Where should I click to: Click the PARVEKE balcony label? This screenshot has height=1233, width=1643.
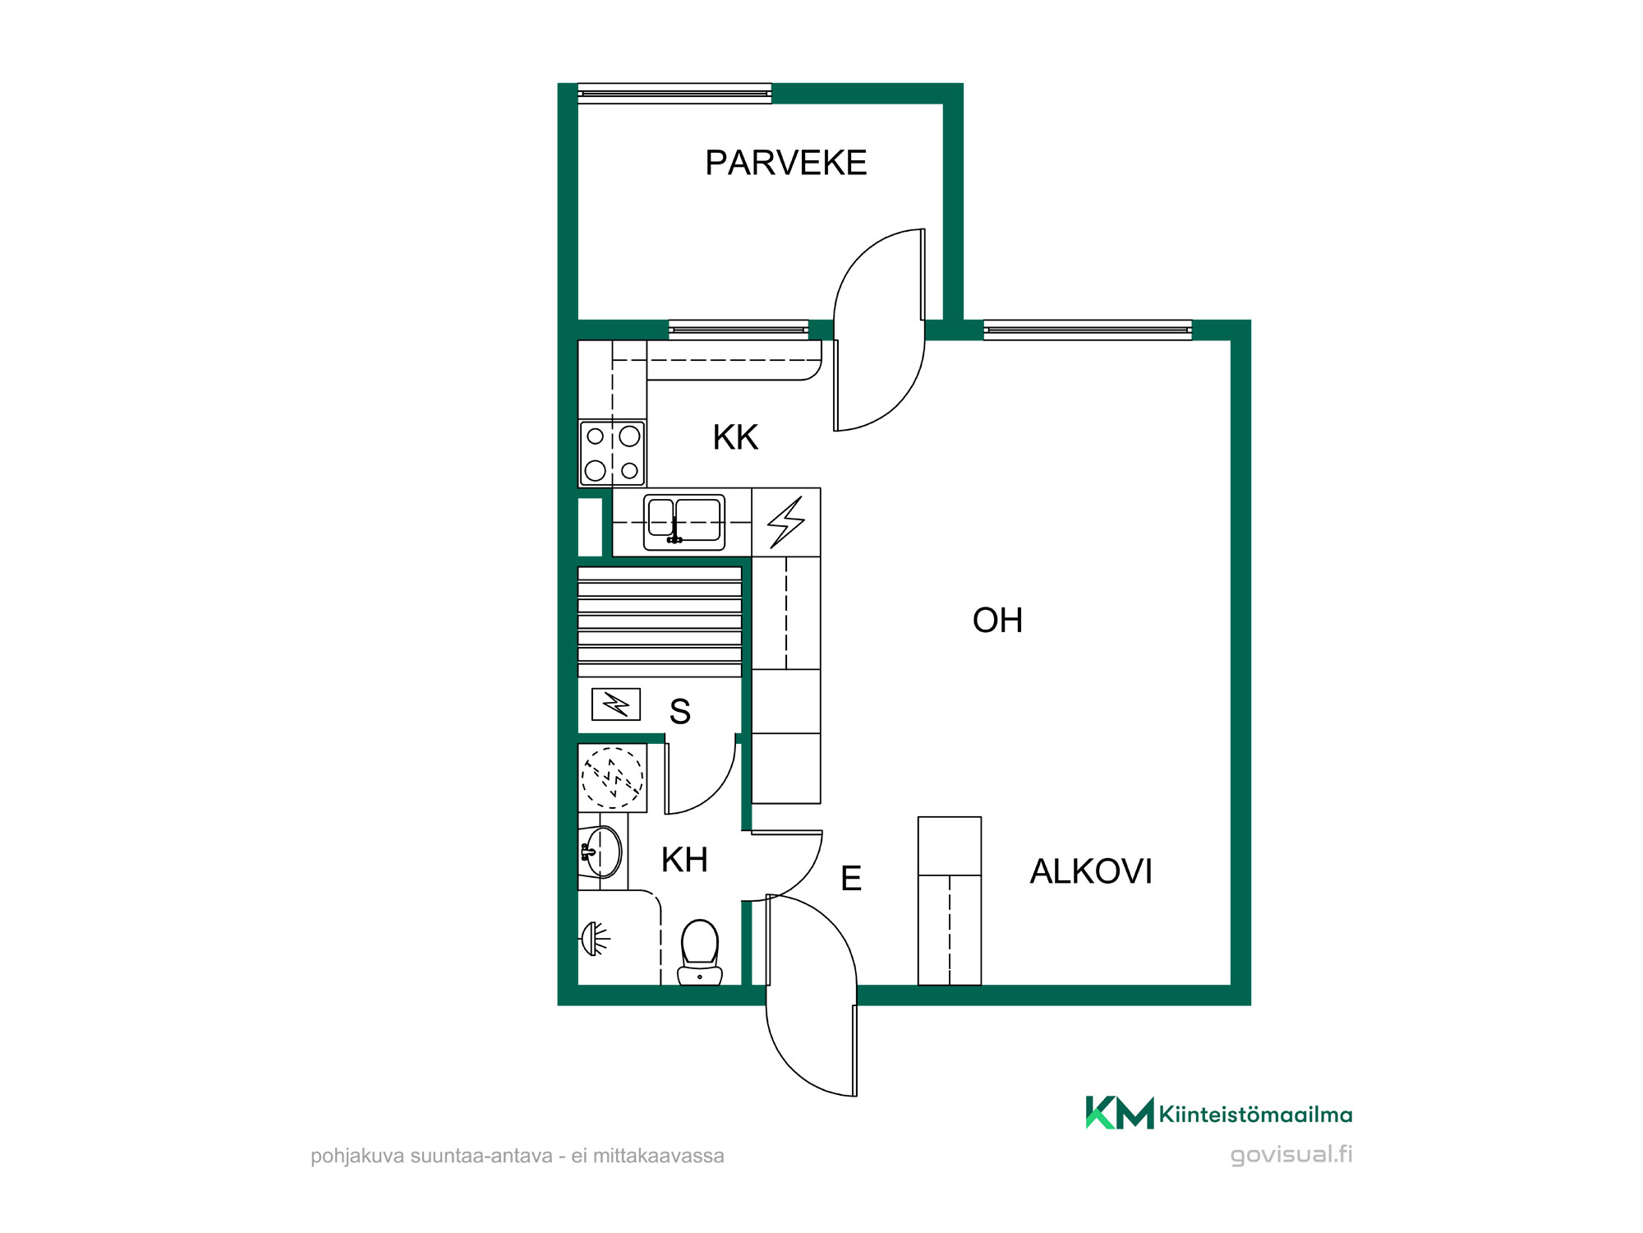click(x=785, y=163)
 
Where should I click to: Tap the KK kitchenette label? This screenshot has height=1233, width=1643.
click(x=735, y=437)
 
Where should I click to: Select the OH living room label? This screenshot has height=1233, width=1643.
click(x=997, y=621)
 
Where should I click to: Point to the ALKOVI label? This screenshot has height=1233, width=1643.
click(x=1091, y=871)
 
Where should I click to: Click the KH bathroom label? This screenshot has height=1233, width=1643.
click(x=684, y=860)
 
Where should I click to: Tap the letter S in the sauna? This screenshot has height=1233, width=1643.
click(x=679, y=712)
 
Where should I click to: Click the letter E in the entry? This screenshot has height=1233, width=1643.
click(x=851, y=879)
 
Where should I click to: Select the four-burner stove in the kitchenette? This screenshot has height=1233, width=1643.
click(x=613, y=453)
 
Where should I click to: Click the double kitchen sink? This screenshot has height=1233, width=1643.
click(x=684, y=522)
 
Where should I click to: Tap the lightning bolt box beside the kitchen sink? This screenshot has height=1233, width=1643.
click(x=786, y=522)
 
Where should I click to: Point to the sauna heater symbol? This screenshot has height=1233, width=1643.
click(x=616, y=704)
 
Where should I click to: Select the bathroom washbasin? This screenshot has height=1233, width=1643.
click(x=602, y=852)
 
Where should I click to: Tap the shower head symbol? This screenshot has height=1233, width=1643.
click(x=596, y=939)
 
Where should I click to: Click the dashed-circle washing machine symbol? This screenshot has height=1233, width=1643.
click(x=613, y=778)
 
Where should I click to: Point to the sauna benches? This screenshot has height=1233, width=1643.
click(x=660, y=621)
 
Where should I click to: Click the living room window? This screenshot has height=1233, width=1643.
click(x=1088, y=330)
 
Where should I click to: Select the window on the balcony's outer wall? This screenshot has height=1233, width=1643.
click(x=674, y=94)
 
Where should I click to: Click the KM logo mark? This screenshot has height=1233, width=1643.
click(x=1120, y=1113)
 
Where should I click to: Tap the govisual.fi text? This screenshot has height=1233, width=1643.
click(x=1291, y=1155)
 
